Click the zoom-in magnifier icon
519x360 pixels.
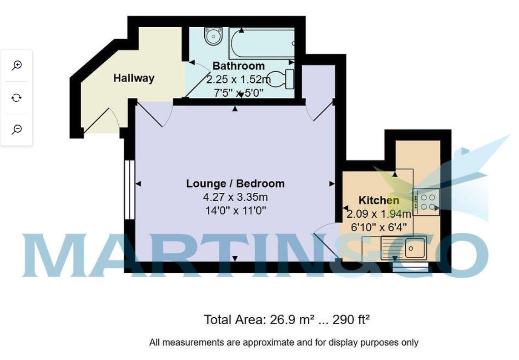[16, 65]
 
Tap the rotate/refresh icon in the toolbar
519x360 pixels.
[16, 98]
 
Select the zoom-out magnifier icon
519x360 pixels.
[16, 130]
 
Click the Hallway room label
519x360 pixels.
[134, 78]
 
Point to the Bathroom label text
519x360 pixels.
[238, 66]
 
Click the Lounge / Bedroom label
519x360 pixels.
[235, 184]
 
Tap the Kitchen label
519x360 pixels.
[379, 200]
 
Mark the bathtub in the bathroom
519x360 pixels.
[262, 43]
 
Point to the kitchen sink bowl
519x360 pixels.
[414, 249]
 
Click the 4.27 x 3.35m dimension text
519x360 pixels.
[235, 198]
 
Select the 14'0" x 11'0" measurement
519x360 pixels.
[235, 211]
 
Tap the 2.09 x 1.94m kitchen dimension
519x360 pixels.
[379, 214]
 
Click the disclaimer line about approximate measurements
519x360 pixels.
[283, 342]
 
